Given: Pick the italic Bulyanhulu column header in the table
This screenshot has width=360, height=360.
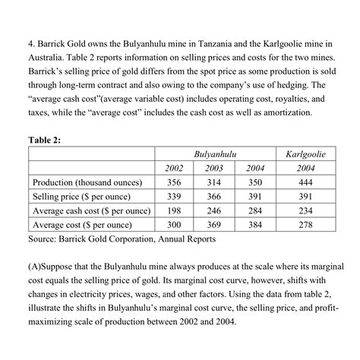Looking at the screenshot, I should click(216, 155).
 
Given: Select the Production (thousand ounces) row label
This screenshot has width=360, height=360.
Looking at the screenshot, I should click(90, 183).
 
